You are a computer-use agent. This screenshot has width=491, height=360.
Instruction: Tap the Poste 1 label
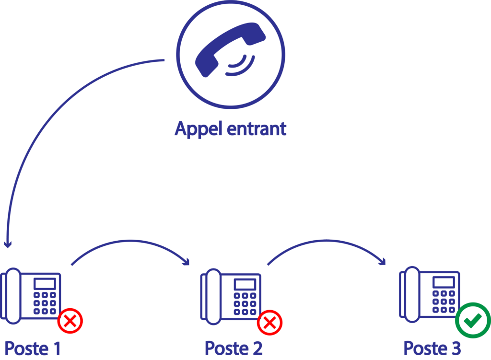point(33,348)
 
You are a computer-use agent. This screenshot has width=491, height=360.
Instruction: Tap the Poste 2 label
point(234,348)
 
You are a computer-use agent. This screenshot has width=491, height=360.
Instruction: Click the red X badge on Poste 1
point(70,321)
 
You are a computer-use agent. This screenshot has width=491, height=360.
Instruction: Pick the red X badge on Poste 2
point(270,323)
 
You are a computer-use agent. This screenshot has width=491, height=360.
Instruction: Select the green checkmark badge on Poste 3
point(472,321)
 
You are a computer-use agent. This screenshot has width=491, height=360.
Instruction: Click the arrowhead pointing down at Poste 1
point(7,244)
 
